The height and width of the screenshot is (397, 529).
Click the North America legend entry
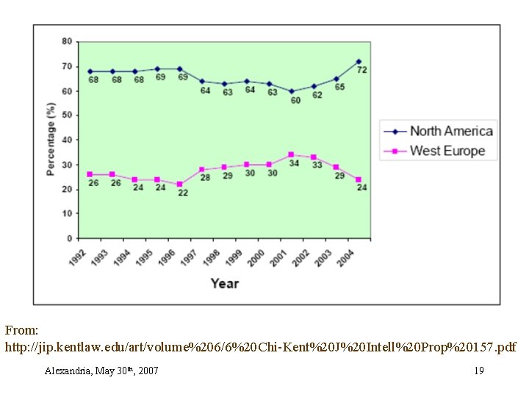[450, 132]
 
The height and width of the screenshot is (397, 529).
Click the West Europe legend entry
[447, 151]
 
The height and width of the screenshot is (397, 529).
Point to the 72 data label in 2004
[362, 70]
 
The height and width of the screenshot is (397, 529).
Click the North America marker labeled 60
[292, 91]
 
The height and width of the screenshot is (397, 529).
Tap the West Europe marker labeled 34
[292, 154]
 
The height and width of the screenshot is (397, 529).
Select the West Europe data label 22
[183, 193]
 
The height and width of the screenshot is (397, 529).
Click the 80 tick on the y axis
[67, 41]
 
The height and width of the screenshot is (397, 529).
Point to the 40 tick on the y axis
[67, 140]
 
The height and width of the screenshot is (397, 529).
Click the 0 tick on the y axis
[70, 238]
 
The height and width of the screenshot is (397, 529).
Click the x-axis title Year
[224, 283]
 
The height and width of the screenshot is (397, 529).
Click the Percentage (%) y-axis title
[51, 140]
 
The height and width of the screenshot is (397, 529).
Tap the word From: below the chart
[21, 332]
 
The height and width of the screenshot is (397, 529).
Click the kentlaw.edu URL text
[260, 346]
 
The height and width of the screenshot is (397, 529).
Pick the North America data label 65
[339, 87]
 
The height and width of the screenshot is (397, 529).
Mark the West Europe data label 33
[317, 165]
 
